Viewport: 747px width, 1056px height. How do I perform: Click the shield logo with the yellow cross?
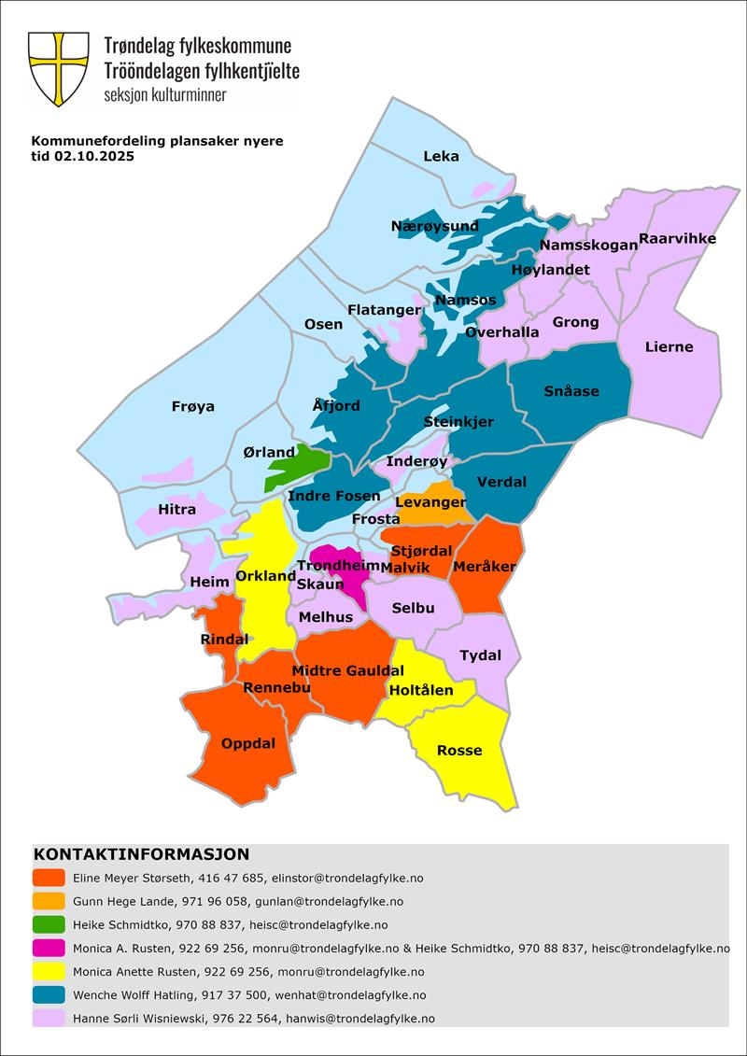[x=59, y=68]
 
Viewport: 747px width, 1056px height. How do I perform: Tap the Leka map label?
[x=442, y=156]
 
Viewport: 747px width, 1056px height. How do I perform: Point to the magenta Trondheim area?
[x=347, y=580]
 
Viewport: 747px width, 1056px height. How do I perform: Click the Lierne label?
[x=669, y=346]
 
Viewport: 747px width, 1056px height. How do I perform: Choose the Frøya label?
[x=193, y=406]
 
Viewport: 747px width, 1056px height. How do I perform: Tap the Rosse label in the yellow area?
[x=459, y=750]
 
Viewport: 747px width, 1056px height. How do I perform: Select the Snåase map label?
[x=571, y=390]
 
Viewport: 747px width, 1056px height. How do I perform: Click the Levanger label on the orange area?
[x=430, y=502]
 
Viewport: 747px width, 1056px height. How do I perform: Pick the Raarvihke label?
[x=677, y=238]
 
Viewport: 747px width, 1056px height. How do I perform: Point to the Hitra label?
[x=177, y=509]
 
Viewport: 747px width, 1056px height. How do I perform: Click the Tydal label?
[x=480, y=655]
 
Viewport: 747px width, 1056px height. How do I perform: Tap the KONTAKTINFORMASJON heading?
[x=141, y=854]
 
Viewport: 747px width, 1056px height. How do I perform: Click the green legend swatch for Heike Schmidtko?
[x=49, y=924]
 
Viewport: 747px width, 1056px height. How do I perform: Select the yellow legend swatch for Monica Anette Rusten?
[x=49, y=971]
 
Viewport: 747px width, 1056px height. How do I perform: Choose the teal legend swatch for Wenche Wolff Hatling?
[x=49, y=995]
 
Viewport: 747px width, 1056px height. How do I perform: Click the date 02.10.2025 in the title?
[x=94, y=157]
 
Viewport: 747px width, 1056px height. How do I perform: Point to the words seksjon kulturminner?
[x=165, y=95]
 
